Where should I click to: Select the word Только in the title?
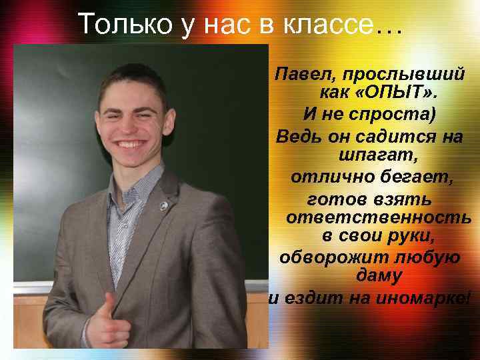click(117, 25)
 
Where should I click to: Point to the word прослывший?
click(409, 72)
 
